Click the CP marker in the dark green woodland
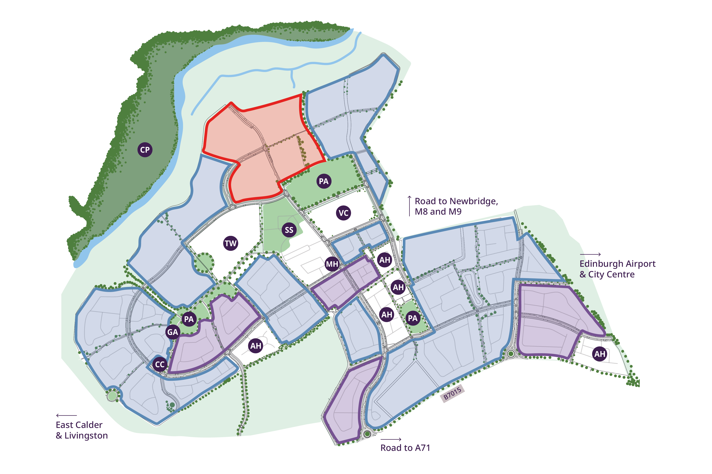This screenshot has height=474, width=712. click(145, 150)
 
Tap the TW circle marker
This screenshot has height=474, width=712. click(230, 243)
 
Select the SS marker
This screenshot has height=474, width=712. click(289, 230)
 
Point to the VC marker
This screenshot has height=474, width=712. click(343, 213)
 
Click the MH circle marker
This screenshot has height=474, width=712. click(332, 264)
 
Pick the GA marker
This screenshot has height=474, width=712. click(173, 332)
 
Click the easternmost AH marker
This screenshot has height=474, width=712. click(600, 354)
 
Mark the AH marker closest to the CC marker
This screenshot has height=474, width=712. click(256, 345)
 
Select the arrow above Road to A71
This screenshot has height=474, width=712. click(391, 439)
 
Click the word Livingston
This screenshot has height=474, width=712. click(86, 436)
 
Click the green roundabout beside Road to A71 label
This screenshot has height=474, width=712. click(367, 434)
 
